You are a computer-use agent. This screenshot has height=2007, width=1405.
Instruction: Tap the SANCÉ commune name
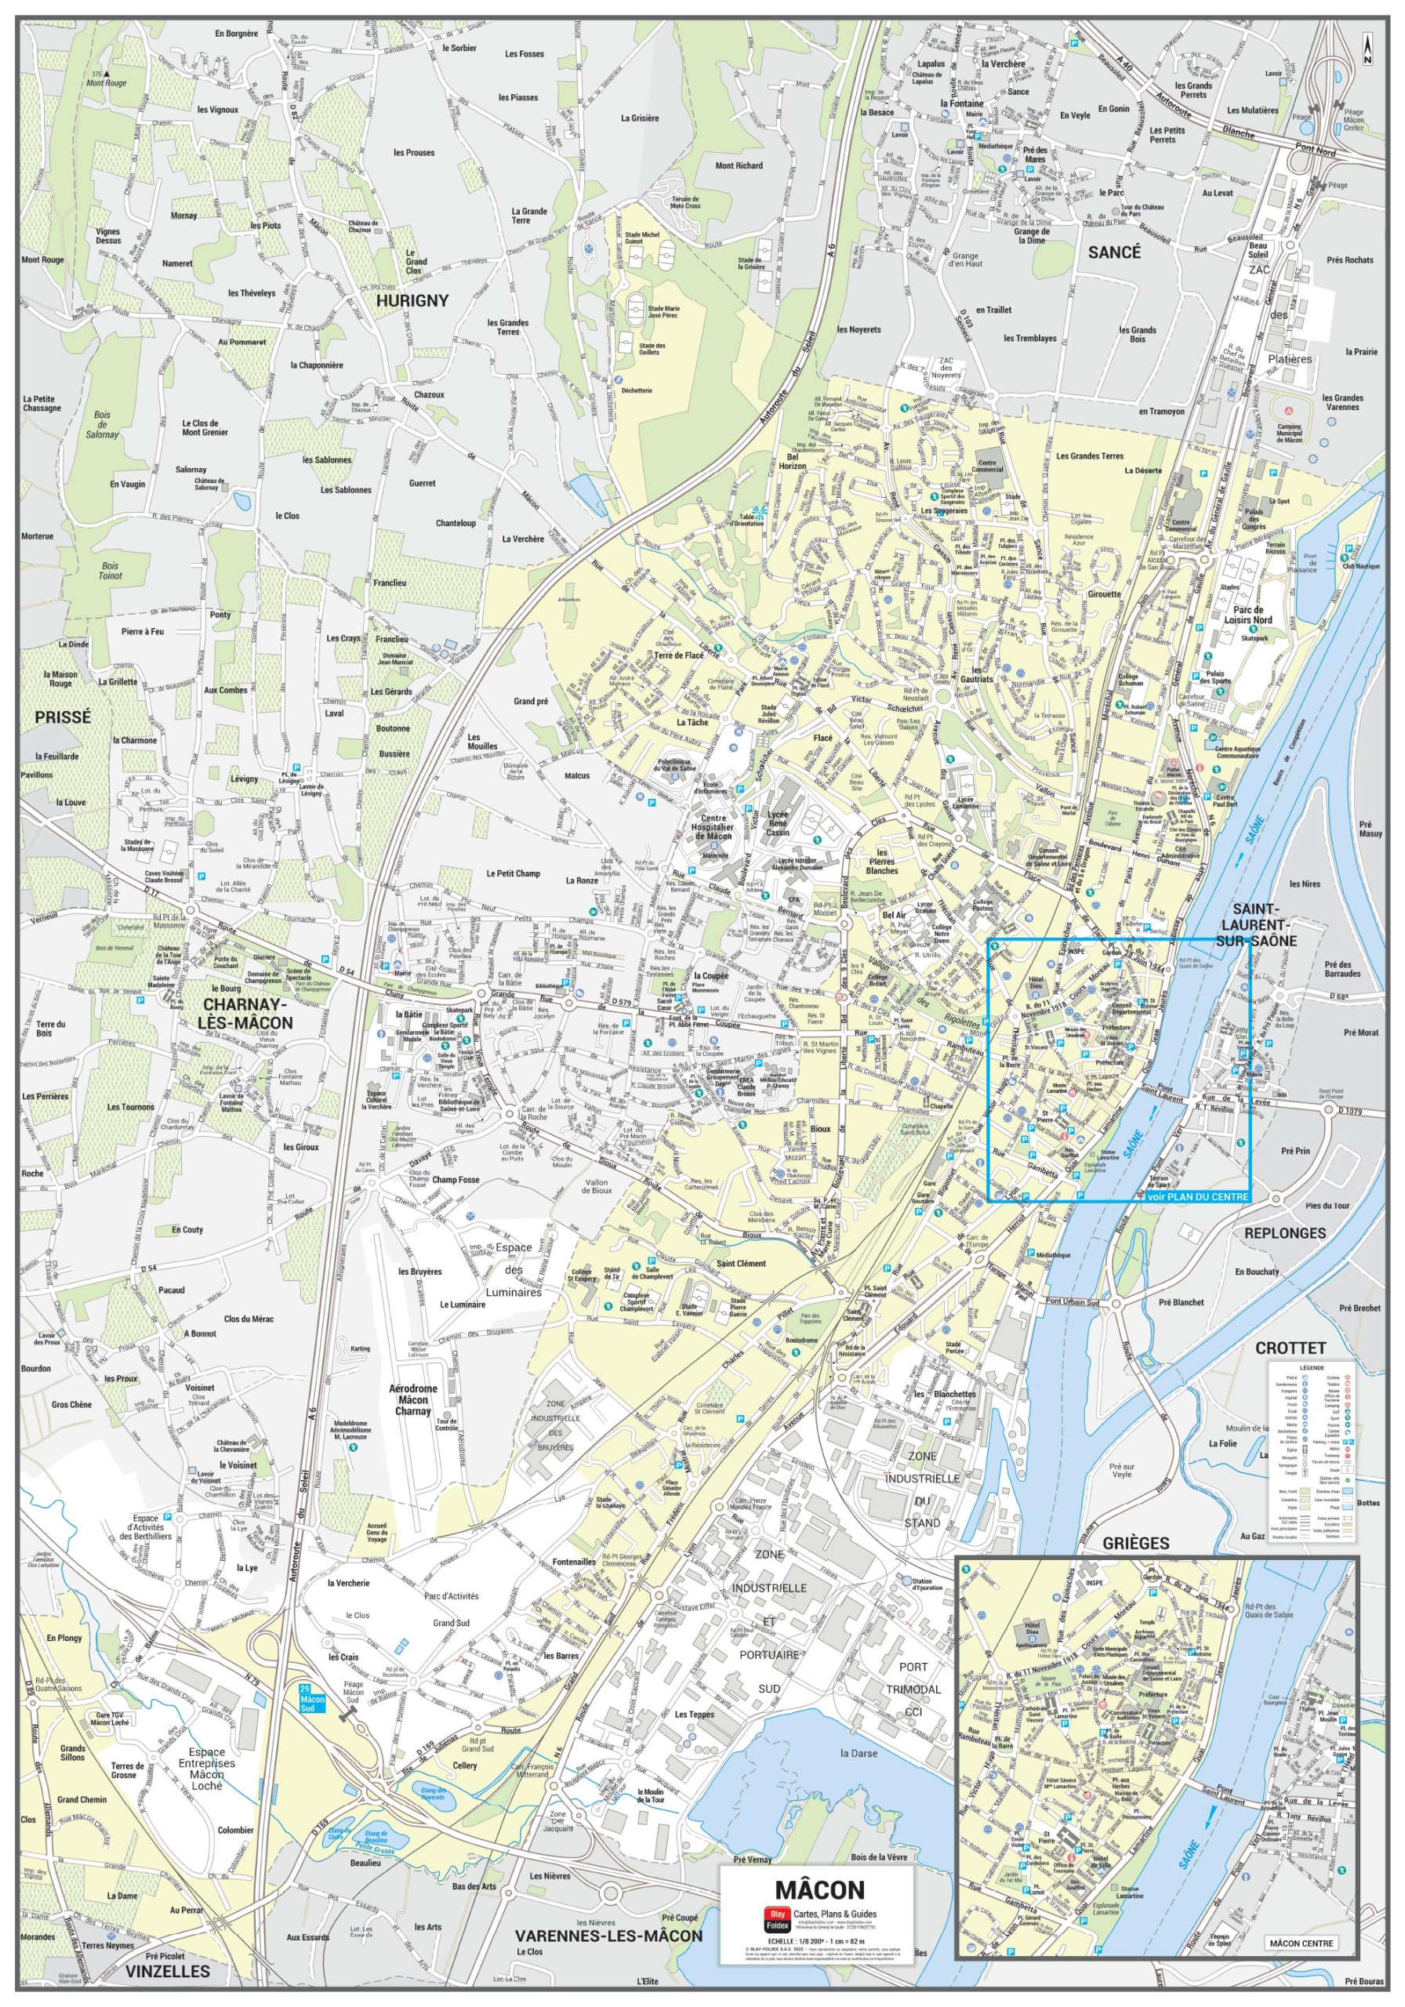click(1114, 252)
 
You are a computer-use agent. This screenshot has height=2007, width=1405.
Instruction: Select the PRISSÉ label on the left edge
click(63, 717)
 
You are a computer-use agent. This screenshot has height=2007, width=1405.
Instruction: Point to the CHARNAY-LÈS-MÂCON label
click(245, 1014)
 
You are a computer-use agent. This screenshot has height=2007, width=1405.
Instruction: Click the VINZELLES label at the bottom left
click(167, 1971)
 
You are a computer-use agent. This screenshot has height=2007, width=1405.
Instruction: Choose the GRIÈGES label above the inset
click(1136, 1544)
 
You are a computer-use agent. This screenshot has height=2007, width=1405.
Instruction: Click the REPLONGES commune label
click(1284, 1233)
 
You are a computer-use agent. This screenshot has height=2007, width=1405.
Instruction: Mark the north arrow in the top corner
click(1367, 49)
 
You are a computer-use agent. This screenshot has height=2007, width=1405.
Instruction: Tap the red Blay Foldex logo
click(775, 1918)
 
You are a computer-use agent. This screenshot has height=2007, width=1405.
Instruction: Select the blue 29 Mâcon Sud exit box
click(311, 1698)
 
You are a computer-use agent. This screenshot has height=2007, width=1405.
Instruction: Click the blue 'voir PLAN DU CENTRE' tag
click(1198, 1196)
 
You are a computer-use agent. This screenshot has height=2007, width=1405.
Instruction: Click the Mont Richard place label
click(739, 165)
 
